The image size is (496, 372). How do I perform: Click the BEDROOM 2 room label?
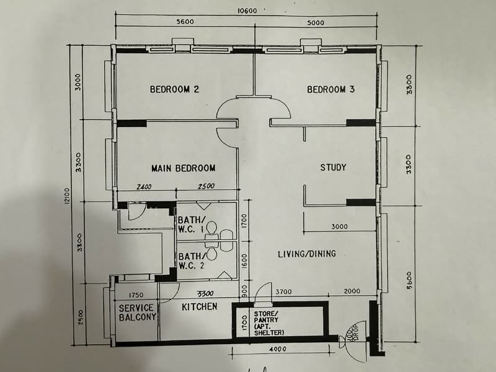pos(174,89)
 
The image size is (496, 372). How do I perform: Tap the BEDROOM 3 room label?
pos(330,89)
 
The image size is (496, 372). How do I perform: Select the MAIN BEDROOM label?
pos(184,168)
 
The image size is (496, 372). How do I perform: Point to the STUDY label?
pos(333,167)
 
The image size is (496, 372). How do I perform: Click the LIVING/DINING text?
pos(306,253)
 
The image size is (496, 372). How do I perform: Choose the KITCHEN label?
pos(199,306)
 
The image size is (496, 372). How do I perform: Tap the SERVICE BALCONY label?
pos(137,313)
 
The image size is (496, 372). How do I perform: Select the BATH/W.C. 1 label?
pos(191,225)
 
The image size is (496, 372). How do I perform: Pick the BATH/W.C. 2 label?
pos(191,261)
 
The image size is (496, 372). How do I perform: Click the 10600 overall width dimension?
pos(246,10)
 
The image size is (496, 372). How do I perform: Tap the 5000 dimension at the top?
pos(316,22)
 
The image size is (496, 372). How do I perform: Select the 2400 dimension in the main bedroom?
pos(144,187)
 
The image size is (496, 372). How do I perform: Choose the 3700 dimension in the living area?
pos(283,291)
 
